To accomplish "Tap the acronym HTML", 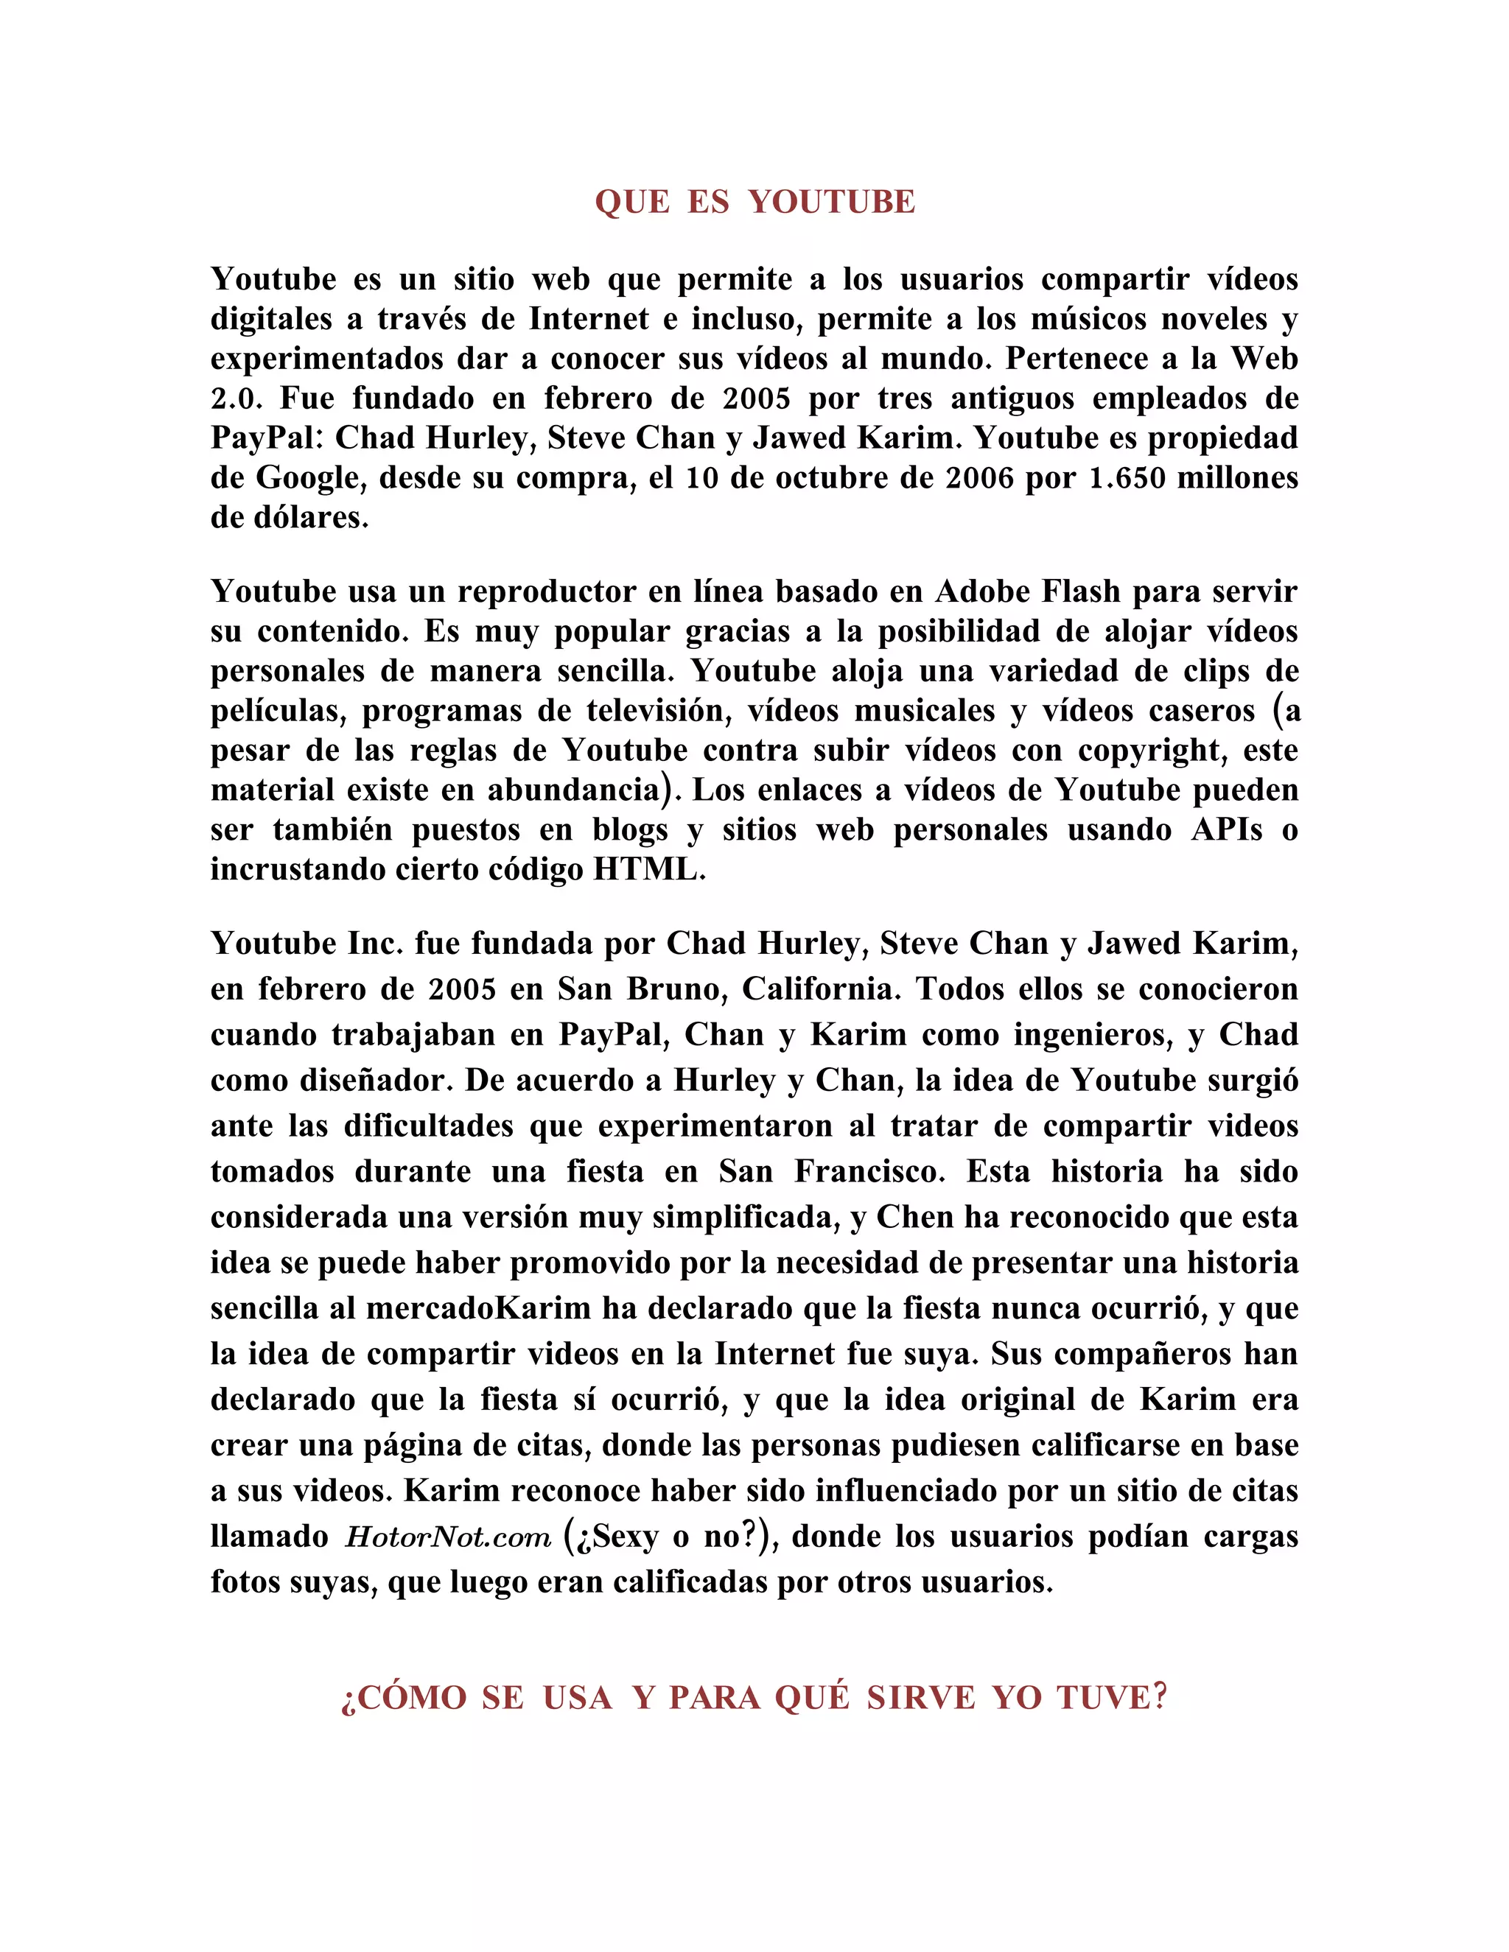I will click(649, 868).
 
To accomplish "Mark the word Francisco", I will click(870, 1171).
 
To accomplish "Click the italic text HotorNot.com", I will click(449, 1537).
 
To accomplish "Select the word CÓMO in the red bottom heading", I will click(411, 1697).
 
